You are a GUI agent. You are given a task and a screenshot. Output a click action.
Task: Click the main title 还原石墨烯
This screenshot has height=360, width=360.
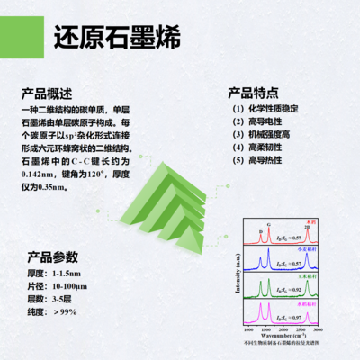(x=117, y=40)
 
